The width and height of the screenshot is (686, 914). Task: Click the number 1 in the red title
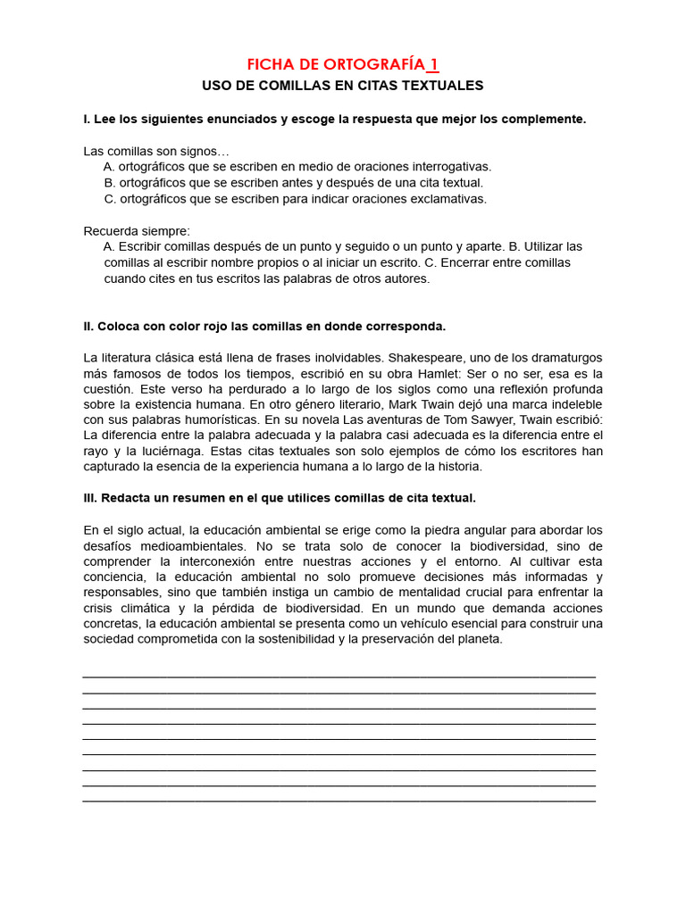click(433, 64)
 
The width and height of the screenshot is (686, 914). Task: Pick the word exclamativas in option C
click(448, 198)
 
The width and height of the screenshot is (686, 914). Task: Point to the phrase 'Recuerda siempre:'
click(137, 230)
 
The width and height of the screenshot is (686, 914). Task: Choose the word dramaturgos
click(562, 357)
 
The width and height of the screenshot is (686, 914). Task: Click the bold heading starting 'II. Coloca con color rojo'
click(264, 326)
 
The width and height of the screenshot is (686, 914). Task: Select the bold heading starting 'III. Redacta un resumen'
click(280, 497)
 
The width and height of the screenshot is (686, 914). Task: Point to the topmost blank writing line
click(339, 677)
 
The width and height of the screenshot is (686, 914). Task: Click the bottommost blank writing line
click(339, 800)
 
